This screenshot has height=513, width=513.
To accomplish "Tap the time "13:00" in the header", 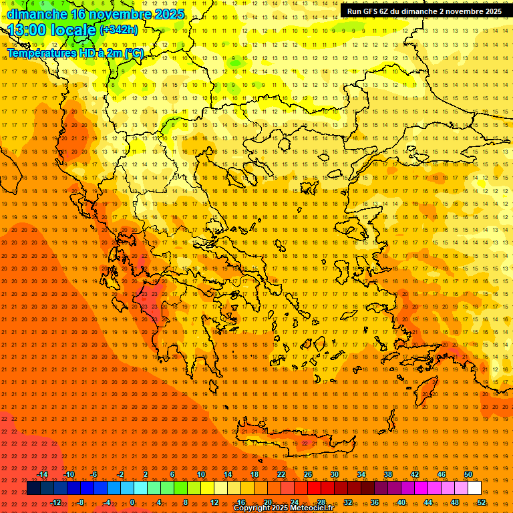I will tap(26, 30).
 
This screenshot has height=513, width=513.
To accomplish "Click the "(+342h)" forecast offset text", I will tap(119, 30).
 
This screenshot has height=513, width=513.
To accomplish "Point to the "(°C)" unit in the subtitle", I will tap(134, 53).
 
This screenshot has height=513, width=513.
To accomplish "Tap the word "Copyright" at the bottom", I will tap(252, 508).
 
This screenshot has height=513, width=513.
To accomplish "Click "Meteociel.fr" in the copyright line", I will tap(311, 508).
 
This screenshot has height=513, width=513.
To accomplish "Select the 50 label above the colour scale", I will tap(468, 474).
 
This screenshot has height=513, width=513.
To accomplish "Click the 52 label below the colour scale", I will tap(481, 502).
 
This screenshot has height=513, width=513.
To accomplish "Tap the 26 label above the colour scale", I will tap(308, 474).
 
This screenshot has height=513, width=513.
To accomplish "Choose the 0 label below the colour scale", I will tap(132, 502).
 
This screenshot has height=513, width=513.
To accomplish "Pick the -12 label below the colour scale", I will tap(55, 502).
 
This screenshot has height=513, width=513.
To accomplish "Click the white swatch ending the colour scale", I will tap(474, 488).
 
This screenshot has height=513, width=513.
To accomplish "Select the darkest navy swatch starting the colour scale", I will tap(34, 488).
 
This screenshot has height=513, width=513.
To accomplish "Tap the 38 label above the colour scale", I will tap(388, 474).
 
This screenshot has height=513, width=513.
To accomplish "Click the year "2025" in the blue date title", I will tap(168, 13).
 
